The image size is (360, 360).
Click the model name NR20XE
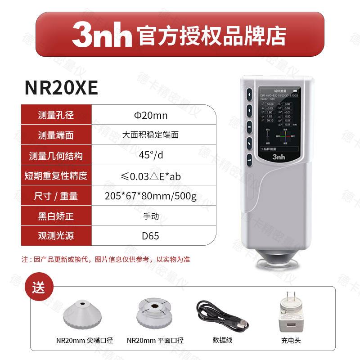coord(62,88)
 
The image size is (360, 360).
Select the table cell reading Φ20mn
coord(151,116)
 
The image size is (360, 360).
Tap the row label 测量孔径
coord(56,116)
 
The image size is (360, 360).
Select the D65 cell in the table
coord(150,236)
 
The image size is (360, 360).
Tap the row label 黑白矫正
coord(56,216)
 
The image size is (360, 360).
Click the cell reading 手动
coord(151,216)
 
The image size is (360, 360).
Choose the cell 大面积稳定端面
coord(150,135)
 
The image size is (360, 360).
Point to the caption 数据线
coord(222,341)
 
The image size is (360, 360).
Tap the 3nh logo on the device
coord(277,157)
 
